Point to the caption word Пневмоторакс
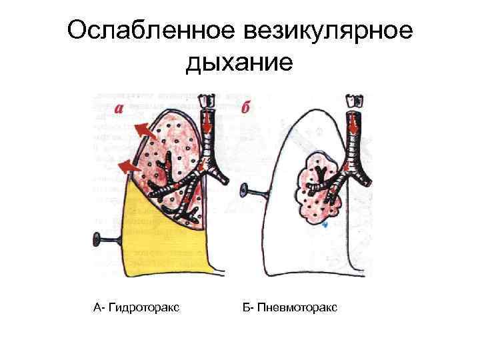point(297,307)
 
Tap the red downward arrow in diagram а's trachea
point(208,122)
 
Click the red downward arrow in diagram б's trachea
point(351,124)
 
